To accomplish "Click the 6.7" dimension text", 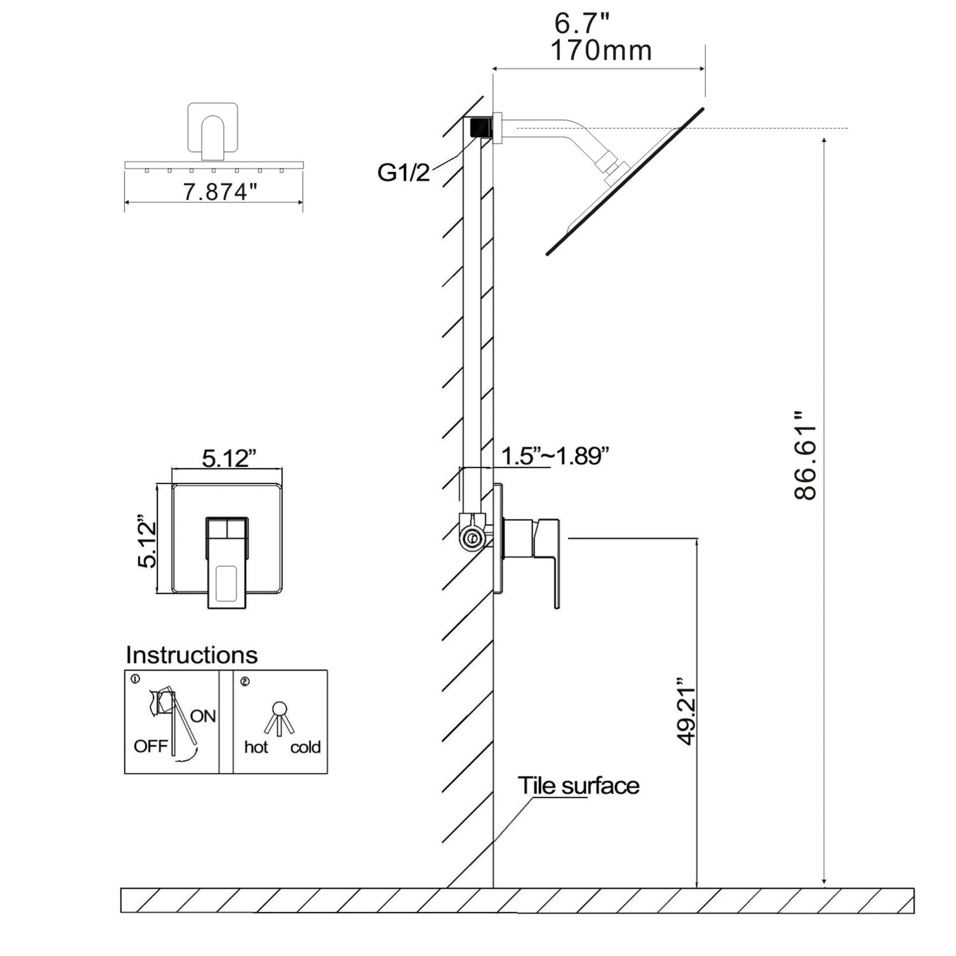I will coord(582,23).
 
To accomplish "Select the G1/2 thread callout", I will coord(403,173).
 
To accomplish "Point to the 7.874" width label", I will coord(216,192).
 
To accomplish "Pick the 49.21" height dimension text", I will coord(686,710).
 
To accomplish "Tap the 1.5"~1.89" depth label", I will coord(554,456).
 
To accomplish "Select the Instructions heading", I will coord(191,655).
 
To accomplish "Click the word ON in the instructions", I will coord(203,716).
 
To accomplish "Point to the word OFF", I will coord(150,746).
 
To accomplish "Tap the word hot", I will coord(256,747).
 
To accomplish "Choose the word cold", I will coord(305,747).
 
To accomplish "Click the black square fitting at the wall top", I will coord(481,128).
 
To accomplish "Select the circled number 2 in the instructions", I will coord(244,681).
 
